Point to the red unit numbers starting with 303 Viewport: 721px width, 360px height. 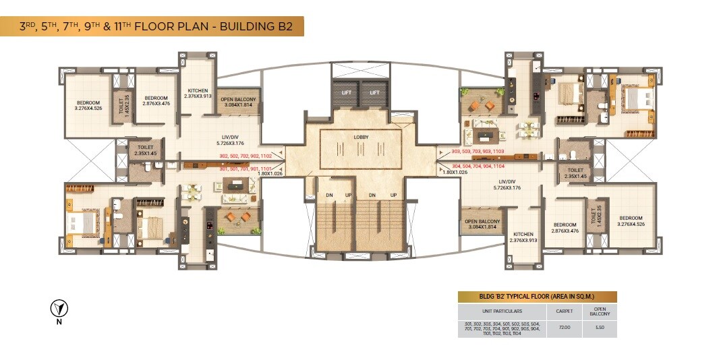point(478,152)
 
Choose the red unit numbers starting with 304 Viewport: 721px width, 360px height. point(478,165)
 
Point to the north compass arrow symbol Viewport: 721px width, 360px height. point(59,309)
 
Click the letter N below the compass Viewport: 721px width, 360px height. point(59,322)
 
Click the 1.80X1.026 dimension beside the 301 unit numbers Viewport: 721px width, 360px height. point(269,174)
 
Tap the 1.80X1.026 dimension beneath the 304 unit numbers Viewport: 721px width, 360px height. point(455,172)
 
